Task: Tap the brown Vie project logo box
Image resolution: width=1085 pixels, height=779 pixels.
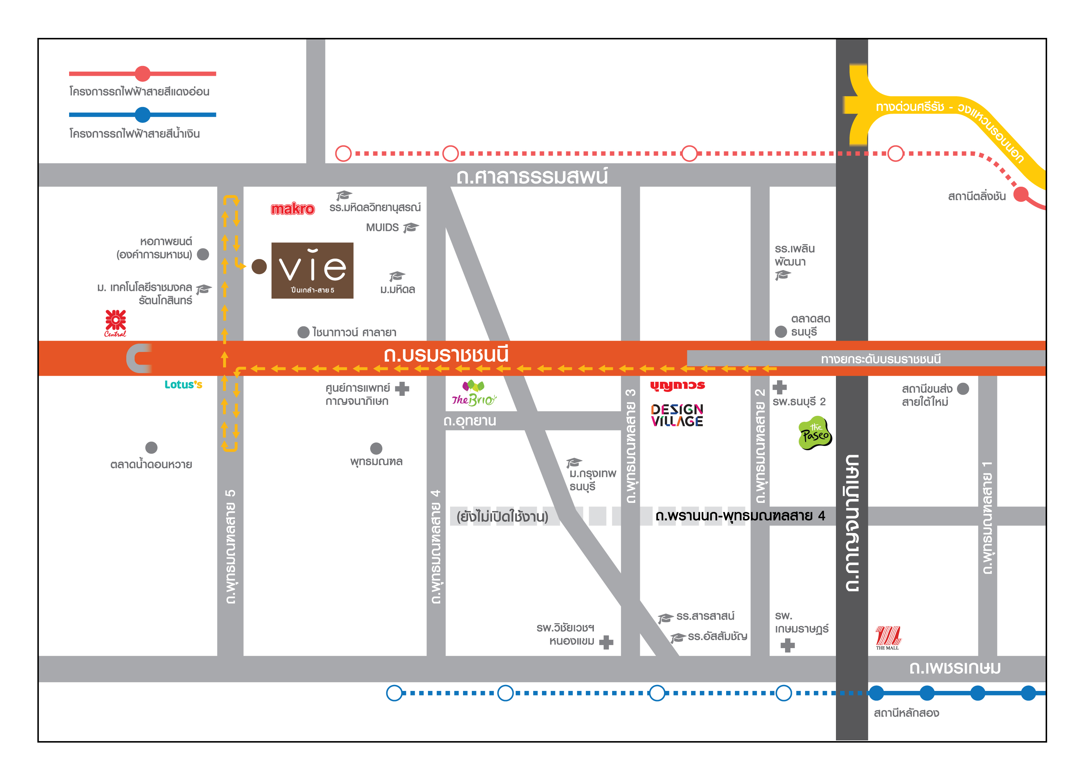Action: point(313,270)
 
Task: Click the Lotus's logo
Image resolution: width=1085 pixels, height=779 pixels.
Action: point(183,384)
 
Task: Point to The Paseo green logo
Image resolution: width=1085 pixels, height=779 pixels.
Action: point(815,433)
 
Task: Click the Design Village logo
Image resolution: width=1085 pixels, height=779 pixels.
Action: point(677,415)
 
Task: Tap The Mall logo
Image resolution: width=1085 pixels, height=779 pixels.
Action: point(888,637)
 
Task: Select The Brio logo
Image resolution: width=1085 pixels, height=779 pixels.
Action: point(474,393)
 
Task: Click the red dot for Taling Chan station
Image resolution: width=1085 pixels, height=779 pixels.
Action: point(1021,194)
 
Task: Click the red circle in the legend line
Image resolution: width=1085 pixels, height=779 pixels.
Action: point(142,74)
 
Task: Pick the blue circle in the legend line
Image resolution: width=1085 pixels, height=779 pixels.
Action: point(142,115)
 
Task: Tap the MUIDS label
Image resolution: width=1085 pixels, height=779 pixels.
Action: point(382,227)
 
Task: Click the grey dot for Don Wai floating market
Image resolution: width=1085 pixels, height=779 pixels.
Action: point(151,447)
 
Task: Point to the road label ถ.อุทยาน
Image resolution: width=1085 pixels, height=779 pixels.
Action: point(470,421)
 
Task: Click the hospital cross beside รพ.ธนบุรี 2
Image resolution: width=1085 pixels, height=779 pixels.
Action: point(780,387)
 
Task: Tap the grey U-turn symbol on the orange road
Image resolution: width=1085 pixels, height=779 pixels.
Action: point(139,358)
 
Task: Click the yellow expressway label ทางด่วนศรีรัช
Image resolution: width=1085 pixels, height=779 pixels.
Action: point(910,106)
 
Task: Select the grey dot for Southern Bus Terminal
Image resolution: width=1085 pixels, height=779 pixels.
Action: point(963,388)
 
